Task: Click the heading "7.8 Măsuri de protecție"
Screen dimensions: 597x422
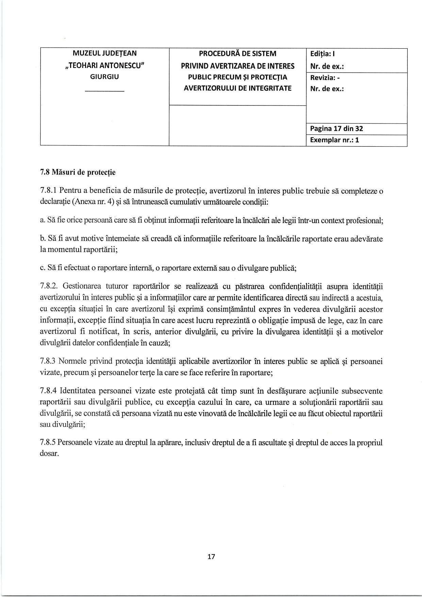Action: point(78,172)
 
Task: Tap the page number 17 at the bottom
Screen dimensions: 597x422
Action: point(211,557)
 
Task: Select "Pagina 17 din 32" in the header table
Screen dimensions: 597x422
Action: point(336,129)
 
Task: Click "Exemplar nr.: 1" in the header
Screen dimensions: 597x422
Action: point(335,140)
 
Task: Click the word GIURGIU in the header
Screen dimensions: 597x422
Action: point(104,77)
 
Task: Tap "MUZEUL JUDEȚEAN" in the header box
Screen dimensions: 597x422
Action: point(104,53)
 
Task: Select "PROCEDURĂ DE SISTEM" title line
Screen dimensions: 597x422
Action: point(238,54)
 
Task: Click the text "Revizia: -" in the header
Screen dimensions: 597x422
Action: point(325,78)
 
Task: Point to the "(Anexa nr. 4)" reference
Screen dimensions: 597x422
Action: point(90,202)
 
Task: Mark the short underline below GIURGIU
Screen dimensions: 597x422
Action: point(104,91)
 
